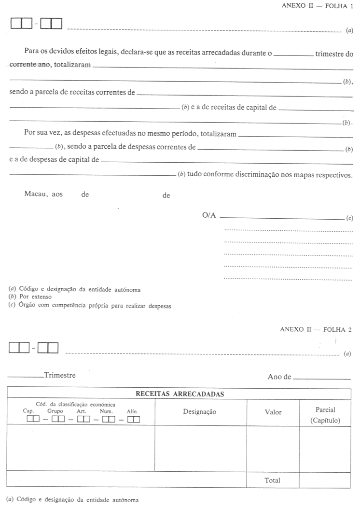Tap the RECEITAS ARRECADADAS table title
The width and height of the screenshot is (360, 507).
click(180, 394)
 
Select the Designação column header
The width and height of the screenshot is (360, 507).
click(200, 412)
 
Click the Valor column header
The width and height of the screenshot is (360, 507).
click(273, 412)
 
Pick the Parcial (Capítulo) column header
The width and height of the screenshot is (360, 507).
click(325, 415)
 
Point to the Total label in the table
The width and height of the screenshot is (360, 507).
click(273, 480)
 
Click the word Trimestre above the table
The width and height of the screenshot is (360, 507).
click(59, 375)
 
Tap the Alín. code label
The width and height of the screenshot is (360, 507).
click(132, 411)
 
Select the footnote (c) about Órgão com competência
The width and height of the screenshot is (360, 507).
click(90, 305)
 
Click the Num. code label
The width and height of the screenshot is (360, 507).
click(106, 411)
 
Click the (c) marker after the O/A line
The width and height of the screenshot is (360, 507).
click(349, 218)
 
